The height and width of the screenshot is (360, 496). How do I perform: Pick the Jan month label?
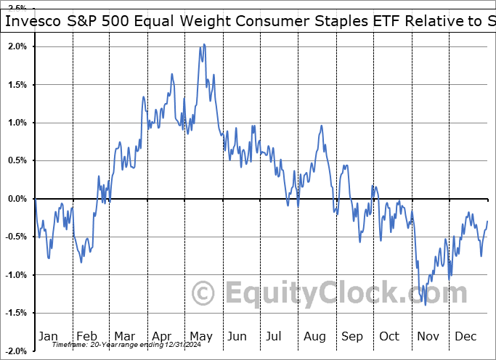pyautogui.click(x=47, y=336)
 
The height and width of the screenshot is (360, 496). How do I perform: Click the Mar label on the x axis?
pyautogui.click(x=124, y=336)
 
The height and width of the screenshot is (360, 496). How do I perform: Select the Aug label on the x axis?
pyautogui.click(x=314, y=336)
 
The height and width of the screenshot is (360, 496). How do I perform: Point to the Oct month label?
pyautogui.click(x=390, y=336)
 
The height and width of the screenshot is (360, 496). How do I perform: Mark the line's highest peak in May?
pyautogui.click(x=204, y=44)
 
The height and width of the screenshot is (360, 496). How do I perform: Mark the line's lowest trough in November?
pyautogui.click(x=426, y=304)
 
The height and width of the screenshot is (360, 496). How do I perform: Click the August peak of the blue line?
pyautogui.click(x=320, y=126)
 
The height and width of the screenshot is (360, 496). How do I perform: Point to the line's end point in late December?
pyautogui.click(x=487, y=221)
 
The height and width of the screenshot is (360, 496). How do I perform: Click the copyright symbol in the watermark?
pyautogui.click(x=204, y=293)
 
